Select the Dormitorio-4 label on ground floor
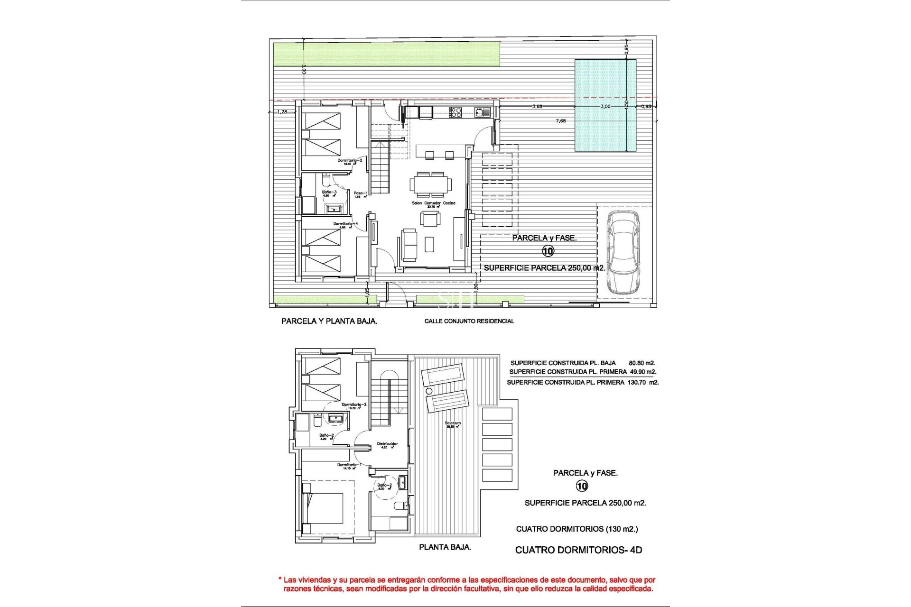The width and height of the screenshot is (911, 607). pyautogui.click(x=345, y=224)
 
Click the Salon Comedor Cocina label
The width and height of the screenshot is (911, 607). pyautogui.click(x=433, y=203)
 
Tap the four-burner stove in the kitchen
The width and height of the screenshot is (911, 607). pyautogui.click(x=455, y=112)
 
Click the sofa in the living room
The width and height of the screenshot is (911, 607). pyautogui.click(x=409, y=245)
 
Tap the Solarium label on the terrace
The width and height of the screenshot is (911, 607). pyautogui.click(x=453, y=423)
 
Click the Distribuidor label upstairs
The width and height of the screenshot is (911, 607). pyautogui.click(x=387, y=444)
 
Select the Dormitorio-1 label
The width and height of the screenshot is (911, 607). pyautogui.click(x=349, y=465)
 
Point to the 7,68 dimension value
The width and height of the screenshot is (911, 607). pyautogui.click(x=560, y=121)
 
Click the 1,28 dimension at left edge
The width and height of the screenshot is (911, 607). pyautogui.click(x=282, y=112)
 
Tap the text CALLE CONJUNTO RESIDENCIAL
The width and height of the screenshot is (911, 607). pyautogui.click(x=469, y=321)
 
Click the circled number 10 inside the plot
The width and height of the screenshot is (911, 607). pyautogui.click(x=548, y=251)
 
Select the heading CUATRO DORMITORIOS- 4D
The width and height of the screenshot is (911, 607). pyautogui.click(x=578, y=550)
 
